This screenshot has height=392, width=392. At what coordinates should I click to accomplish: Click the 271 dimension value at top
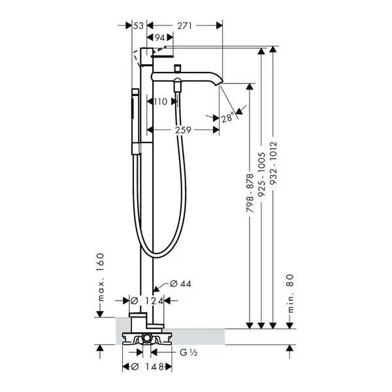[x=184, y=25]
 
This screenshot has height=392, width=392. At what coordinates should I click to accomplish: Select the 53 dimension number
[x=139, y=25]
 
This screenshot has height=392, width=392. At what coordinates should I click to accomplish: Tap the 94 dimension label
[x=160, y=37]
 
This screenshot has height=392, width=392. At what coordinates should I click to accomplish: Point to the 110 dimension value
[x=160, y=101]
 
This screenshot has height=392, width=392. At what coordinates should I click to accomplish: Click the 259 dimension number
[x=183, y=130]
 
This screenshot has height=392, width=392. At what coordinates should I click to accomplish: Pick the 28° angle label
[x=227, y=117]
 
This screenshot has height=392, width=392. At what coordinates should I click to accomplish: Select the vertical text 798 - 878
[x=250, y=193]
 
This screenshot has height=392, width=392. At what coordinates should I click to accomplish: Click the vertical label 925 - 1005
[x=261, y=174]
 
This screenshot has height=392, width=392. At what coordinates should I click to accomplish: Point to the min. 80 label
[x=290, y=293]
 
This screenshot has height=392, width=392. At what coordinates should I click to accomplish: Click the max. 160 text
[x=100, y=277]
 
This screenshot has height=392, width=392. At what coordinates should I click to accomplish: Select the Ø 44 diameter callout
[x=180, y=284]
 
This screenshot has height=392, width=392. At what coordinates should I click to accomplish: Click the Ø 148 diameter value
[x=147, y=367]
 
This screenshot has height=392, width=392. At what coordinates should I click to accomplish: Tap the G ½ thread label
[x=189, y=353]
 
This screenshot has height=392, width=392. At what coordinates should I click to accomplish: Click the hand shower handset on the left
[x=135, y=122]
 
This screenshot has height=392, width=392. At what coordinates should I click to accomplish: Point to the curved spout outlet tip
[x=218, y=84]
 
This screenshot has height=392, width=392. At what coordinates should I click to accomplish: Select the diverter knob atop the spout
[x=178, y=68]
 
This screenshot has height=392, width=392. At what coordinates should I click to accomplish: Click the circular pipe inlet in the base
[x=146, y=339]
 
